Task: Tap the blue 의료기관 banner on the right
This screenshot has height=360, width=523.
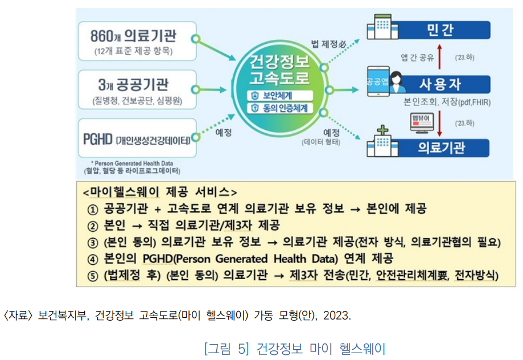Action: (441, 147)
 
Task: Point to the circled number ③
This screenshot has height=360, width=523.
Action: (93, 243)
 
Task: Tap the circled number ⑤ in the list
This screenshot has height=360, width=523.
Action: (93, 277)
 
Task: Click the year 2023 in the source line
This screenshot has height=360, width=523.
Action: (336, 315)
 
